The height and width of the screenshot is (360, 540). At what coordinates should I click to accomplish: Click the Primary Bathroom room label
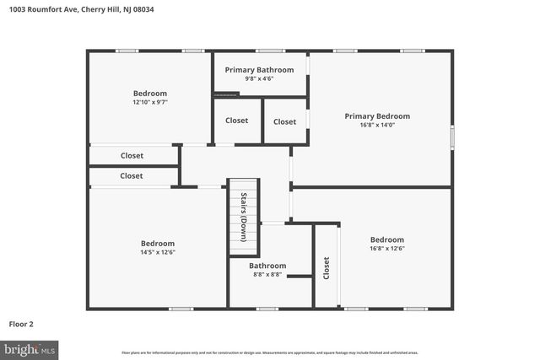[258, 70]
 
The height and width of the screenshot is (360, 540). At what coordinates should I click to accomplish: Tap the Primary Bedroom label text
[377, 116]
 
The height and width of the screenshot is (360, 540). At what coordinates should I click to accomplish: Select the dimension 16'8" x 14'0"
[377, 126]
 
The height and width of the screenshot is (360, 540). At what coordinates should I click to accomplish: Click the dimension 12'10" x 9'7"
[150, 102]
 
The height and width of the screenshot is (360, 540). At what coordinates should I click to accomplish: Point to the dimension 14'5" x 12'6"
[158, 252]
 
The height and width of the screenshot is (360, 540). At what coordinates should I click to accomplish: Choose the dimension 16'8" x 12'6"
[386, 248]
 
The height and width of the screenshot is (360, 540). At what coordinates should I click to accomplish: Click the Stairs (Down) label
[243, 218]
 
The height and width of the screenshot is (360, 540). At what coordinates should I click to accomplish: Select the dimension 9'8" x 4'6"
[258, 79]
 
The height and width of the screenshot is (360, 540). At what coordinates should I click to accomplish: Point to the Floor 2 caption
[21, 324]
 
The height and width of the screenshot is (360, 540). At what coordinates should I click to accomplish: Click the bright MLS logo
[30, 348]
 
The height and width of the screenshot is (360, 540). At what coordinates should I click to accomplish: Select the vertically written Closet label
[327, 268]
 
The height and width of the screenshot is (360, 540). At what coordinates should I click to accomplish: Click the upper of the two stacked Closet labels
[132, 156]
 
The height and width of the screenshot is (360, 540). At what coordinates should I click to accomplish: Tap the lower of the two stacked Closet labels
[132, 176]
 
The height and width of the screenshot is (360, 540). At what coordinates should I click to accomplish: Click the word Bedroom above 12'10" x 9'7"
[150, 93]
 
